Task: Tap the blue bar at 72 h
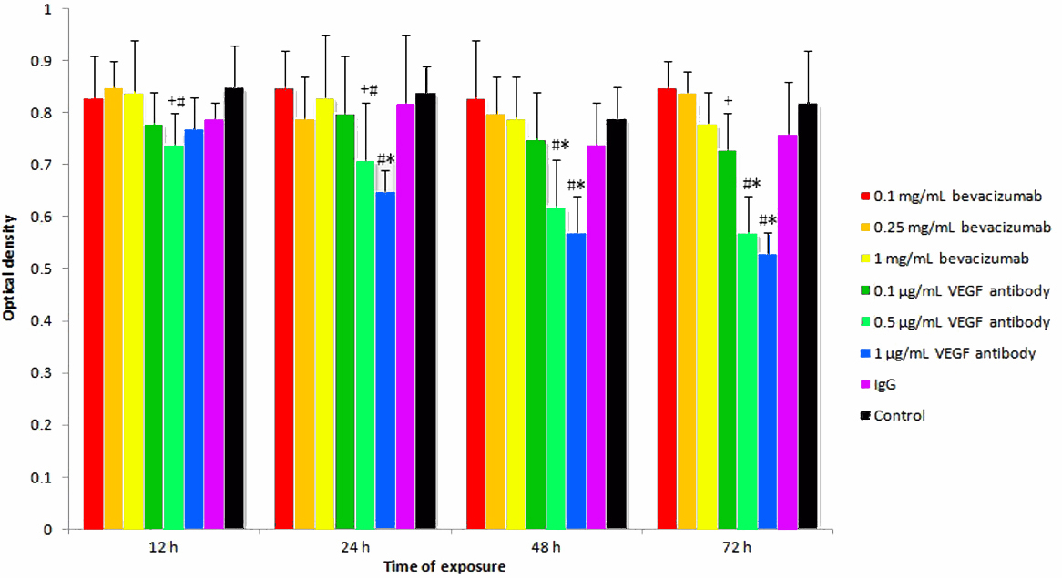[767, 391]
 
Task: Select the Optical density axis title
[10, 269]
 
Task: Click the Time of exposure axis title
[444, 566]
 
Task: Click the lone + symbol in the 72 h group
[727, 101]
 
